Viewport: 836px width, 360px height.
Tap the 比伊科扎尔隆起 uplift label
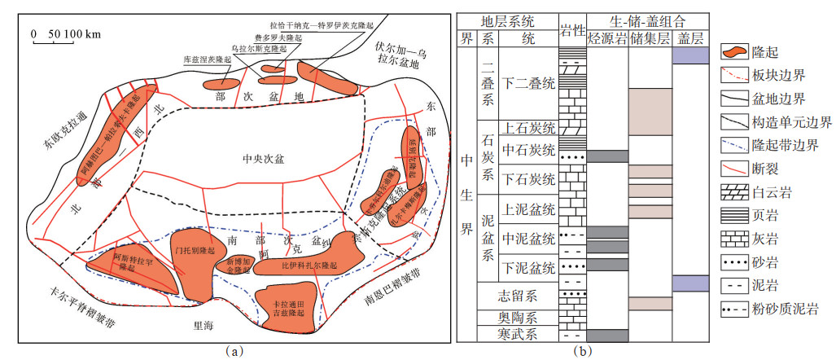(x=307, y=266)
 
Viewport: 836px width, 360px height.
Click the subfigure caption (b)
(x=582, y=351)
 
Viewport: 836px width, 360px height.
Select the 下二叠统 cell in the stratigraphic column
(x=527, y=82)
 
